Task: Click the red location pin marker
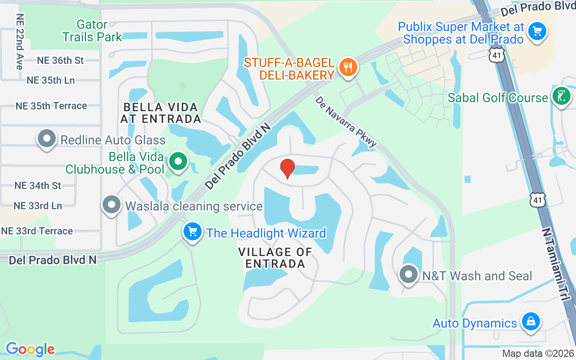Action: pyautogui.click(x=288, y=168)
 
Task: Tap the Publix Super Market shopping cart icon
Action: pyautogui.click(x=537, y=31)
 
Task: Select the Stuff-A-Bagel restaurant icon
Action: pyautogui.click(x=347, y=67)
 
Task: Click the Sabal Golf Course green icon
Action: pyautogui.click(x=561, y=97)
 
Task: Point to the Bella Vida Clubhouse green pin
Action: pyautogui.click(x=179, y=161)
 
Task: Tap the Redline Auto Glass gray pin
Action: pyautogui.click(x=47, y=139)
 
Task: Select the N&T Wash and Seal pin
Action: pyautogui.click(x=409, y=274)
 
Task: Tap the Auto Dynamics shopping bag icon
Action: pyautogui.click(x=531, y=322)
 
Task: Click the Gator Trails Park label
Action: pyautogui.click(x=92, y=31)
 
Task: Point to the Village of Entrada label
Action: pyautogui.click(x=275, y=258)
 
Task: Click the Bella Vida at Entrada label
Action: pyautogui.click(x=161, y=113)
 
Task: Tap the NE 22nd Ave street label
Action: pyautogui.click(x=19, y=41)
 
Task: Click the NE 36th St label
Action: pyautogui.click(x=61, y=60)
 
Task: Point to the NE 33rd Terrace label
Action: pyautogui.click(x=37, y=231)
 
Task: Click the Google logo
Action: pyautogui.click(x=30, y=349)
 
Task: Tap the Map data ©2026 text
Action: pyautogui.click(x=538, y=353)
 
